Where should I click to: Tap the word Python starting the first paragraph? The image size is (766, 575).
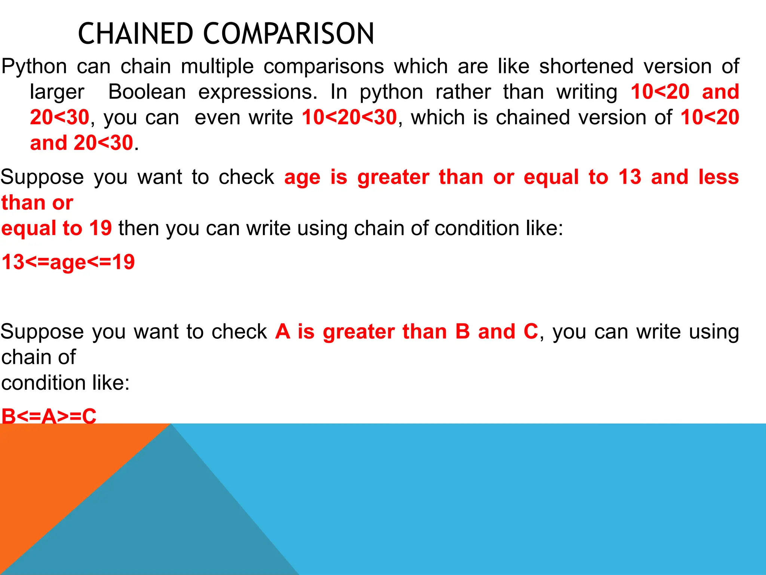pos(34,67)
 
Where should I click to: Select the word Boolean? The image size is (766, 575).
pos(147,92)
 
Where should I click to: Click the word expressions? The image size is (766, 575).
pos(258,92)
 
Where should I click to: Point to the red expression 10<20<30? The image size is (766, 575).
pos(349,118)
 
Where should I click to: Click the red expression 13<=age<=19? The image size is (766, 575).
pos(68,262)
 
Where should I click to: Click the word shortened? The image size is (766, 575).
pos(586,67)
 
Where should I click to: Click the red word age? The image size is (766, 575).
pos(302,177)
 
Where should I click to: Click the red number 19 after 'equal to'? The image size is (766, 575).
pos(101,228)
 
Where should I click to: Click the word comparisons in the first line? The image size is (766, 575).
pos(324,67)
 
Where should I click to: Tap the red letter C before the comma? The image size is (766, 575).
pos(530,332)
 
